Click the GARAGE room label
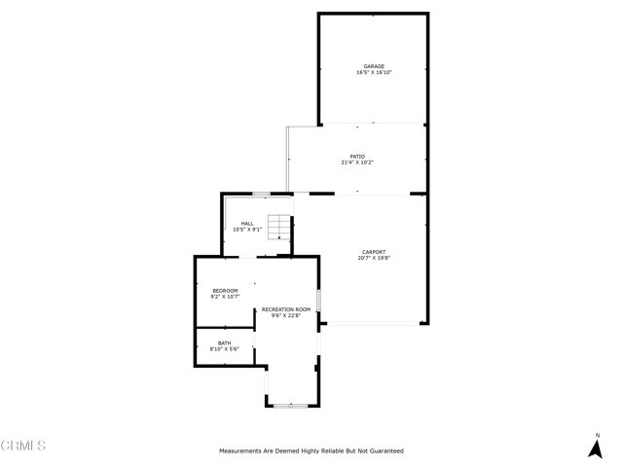pyautogui.click(x=374, y=66)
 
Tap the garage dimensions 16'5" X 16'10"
pyautogui.click(x=374, y=72)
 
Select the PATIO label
pyautogui.click(x=357, y=157)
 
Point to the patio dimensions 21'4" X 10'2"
pyautogui.click(x=357, y=162)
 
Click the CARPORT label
pyautogui.click(x=374, y=252)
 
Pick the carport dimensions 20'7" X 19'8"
pyautogui.click(x=374, y=258)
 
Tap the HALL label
pyautogui.click(x=247, y=224)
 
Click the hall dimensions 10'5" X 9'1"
pyautogui.click(x=247, y=230)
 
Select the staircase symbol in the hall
pyautogui.click(x=279, y=227)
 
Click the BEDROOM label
pyautogui.click(x=225, y=291)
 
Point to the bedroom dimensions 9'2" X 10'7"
pyautogui.click(x=225, y=297)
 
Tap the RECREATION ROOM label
pyautogui.click(x=286, y=309)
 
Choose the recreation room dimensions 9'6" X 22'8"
pyautogui.click(x=286, y=315)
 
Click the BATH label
pyautogui.click(x=225, y=343)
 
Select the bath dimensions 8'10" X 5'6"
pyautogui.click(x=225, y=349)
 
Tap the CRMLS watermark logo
pyautogui.click(x=23, y=446)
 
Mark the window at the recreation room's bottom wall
pyautogui.click(x=290, y=406)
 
